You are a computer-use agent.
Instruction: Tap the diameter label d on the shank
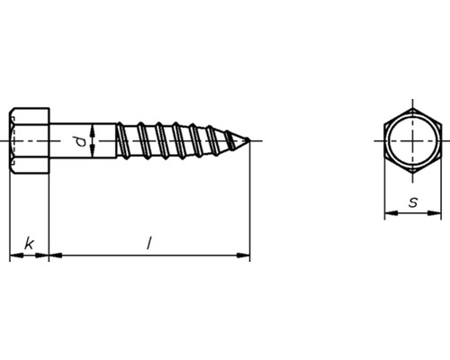tap(79, 141)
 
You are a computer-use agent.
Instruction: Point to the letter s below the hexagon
tap(412, 202)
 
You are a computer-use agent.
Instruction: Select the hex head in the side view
tap(29, 141)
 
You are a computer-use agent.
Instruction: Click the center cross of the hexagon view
tap(413, 141)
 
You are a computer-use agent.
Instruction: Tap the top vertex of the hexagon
tap(413, 105)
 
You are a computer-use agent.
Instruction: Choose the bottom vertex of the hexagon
tap(413, 177)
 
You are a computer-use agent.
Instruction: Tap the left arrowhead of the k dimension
tap(13, 256)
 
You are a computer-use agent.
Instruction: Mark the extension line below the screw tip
tap(249, 207)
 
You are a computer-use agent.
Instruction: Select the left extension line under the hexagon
tap(384, 193)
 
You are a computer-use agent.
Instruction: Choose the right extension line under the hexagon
tap(442, 193)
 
